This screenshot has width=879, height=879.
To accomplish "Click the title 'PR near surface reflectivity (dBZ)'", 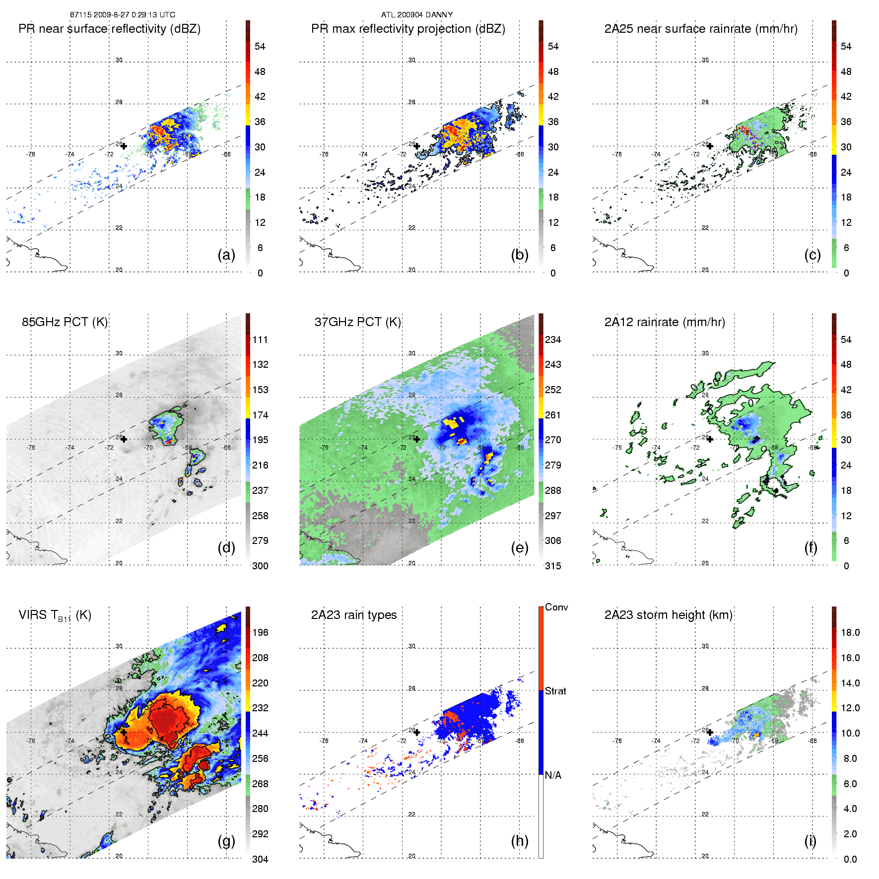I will coord(109,29).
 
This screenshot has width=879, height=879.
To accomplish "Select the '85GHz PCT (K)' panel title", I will coord(65,322).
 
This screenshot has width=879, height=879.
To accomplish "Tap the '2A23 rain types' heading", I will coord(353,615).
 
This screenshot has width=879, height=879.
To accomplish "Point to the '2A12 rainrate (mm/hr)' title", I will coord(664,322).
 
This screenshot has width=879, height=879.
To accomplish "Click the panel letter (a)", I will coord(226,255).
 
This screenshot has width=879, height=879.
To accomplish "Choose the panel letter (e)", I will coord(519,548).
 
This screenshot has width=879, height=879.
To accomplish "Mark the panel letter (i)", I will coord(810,841).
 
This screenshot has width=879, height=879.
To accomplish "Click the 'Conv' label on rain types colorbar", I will coord(556,607).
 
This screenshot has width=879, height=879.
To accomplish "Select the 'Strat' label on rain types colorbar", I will coord(555,691).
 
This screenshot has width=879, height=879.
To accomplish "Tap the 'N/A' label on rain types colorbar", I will coord(553,775).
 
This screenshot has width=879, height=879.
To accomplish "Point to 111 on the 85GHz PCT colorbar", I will coord(260,339).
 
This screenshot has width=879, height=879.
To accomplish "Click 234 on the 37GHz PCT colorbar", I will coord(553,339).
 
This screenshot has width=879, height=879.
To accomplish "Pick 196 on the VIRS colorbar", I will coord(260,632).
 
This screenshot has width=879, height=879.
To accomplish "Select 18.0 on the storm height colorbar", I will coord(850,632).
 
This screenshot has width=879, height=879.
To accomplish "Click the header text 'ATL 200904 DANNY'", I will coord(417,14).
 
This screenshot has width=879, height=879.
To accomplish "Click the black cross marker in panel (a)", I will coord(124,146).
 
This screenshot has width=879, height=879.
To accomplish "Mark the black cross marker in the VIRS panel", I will coord(124,732).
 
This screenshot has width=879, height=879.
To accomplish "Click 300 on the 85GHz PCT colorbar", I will coord(260,566).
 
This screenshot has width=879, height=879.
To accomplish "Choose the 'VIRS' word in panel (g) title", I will coord(33,615).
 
